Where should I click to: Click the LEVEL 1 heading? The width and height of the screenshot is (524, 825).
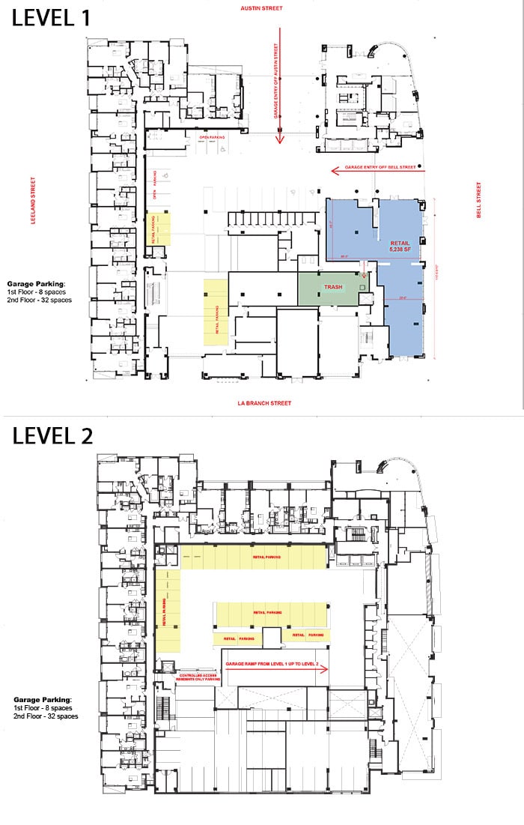coord(51,17)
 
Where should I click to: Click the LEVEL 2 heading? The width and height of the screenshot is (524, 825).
coord(52,436)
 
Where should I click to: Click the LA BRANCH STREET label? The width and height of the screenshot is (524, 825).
coord(264,403)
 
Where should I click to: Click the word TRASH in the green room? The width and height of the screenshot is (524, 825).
coord(333,287)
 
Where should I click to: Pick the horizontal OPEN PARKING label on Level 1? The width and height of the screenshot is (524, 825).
coord(213,138)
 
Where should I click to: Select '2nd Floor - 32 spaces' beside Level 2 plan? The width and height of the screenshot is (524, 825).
coord(45,716)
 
